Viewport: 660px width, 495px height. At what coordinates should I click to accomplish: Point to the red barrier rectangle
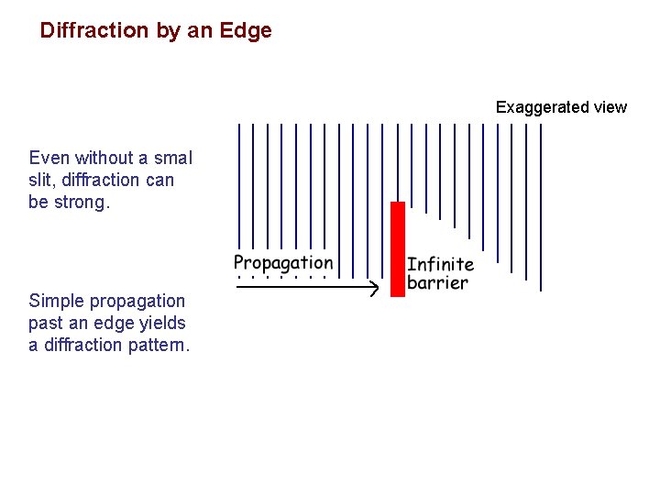[x=398, y=248]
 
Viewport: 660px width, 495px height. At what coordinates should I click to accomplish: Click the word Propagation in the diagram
[x=283, y=264]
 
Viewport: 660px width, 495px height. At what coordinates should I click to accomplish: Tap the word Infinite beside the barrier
[x=440, y=264]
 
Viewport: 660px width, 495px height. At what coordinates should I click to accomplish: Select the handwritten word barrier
[x=437, y=283]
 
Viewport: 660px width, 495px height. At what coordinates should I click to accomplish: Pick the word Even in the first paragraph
[x=48, y=158]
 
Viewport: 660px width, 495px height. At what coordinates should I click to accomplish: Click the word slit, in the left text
[x=44, y=180]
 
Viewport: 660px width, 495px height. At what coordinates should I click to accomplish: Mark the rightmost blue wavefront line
[x=541, y=206]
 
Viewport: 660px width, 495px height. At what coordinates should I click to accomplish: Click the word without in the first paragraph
[x=101, y=158]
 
